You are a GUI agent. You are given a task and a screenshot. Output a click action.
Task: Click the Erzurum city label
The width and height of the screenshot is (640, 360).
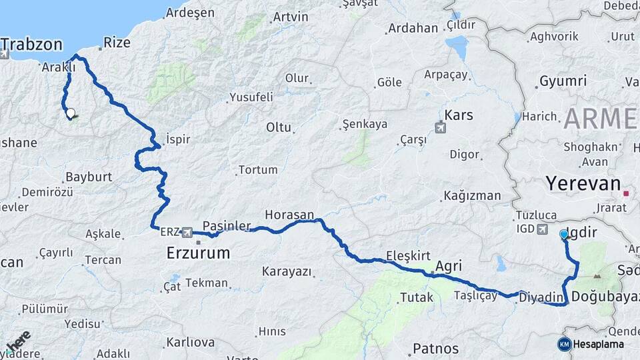198,253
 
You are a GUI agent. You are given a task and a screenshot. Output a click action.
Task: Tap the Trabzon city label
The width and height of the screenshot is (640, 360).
31,45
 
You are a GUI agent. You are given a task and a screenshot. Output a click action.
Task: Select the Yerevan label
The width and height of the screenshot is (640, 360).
583,183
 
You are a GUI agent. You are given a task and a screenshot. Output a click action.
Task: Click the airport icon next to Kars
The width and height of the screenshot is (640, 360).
441,127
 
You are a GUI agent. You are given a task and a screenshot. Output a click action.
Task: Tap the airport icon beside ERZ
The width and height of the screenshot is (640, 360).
186,232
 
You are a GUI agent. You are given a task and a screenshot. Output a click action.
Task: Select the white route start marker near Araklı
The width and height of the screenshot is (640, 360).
70,113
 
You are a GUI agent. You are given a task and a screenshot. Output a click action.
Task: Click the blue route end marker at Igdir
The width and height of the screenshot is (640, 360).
564,235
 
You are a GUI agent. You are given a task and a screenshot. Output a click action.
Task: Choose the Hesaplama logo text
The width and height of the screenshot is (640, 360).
599,345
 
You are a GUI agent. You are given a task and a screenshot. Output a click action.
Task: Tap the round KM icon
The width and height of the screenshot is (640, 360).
564,345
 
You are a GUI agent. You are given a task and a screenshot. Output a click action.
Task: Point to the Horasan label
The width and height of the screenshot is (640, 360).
289,215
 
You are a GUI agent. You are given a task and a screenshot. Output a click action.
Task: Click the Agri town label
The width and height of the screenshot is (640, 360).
448,265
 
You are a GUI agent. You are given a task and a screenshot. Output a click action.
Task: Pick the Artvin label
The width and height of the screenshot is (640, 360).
291,17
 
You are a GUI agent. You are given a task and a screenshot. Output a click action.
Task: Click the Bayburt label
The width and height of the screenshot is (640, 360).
89,177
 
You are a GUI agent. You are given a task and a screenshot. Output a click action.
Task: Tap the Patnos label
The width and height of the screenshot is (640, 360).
435,348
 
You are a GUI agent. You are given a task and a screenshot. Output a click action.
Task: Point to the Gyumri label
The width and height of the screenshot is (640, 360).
563,81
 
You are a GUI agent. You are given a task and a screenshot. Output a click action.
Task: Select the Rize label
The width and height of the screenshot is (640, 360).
117,43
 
